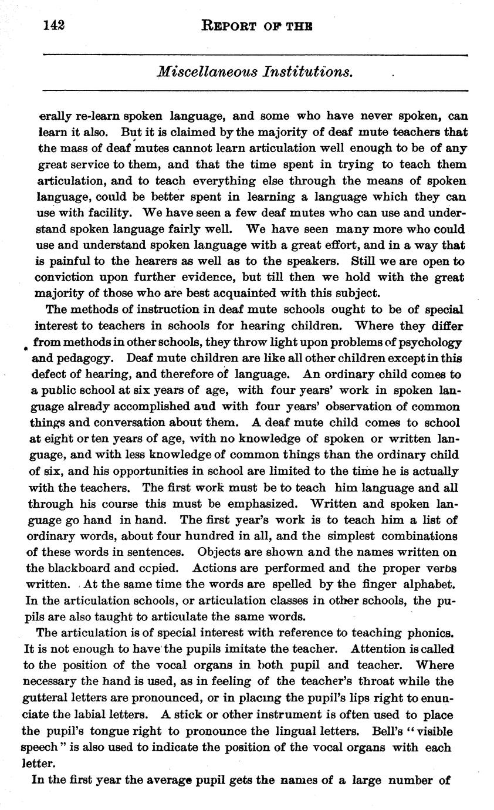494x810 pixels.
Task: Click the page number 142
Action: point(53,25)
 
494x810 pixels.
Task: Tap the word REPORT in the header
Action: point(229,26)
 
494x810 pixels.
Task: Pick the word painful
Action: point(68,262)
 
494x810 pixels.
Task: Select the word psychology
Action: point(428,342)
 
